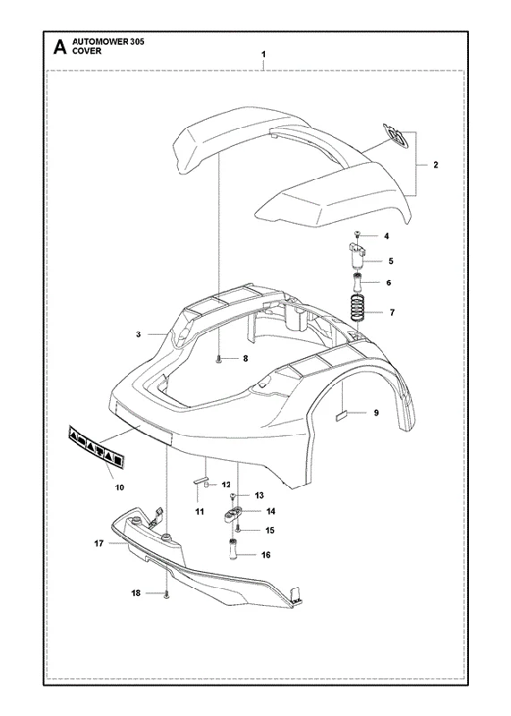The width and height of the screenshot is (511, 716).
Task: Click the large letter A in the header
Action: pos(60,47)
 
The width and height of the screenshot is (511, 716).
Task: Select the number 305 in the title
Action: pos(137,42)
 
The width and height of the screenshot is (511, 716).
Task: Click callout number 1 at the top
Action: pos(263,55)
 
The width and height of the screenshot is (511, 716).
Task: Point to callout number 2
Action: pos(435,165)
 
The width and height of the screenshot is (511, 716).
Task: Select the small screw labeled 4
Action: pos(358,234)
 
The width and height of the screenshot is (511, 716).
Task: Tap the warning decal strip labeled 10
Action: pos(97,448)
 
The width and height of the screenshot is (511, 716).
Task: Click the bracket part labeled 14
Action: pos(233,515)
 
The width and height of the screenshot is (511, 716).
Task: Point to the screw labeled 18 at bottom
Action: pos(166,594)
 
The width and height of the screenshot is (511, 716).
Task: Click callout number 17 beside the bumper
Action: pos(99,543)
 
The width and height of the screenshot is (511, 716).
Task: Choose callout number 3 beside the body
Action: pos(139,334)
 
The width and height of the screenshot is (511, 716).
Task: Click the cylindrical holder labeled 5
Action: pos(357,256)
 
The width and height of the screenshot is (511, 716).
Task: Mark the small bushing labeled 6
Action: pos(358,284)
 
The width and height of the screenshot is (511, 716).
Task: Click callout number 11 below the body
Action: pos(200,512)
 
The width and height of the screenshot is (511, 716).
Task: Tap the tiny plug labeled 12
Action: pos(207,484)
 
